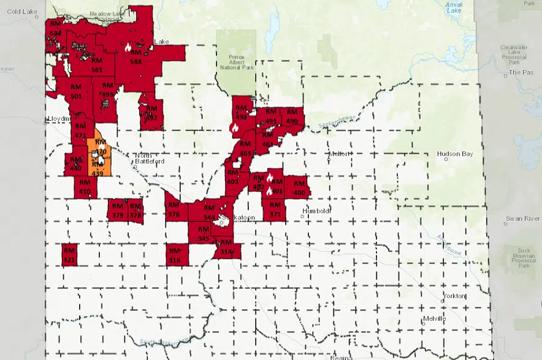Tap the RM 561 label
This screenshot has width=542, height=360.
(x=96, y=66)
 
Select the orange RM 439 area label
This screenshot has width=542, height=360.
(x=97, y=169)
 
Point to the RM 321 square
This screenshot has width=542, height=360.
(x=70, y=255)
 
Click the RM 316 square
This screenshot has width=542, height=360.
(x=175, y=255)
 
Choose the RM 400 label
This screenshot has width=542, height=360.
(x=299, y=188)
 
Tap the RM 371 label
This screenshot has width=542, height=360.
(x=275, y=210)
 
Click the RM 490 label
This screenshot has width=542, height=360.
(x=292, y=117)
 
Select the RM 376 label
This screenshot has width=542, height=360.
(x=174, y=209)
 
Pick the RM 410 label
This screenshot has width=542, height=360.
(x=85, y=187)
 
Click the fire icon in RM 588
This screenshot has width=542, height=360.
(x=128, y=46)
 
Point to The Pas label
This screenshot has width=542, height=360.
(x=519, y=72)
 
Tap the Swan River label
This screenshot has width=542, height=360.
(x=522, y=218)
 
